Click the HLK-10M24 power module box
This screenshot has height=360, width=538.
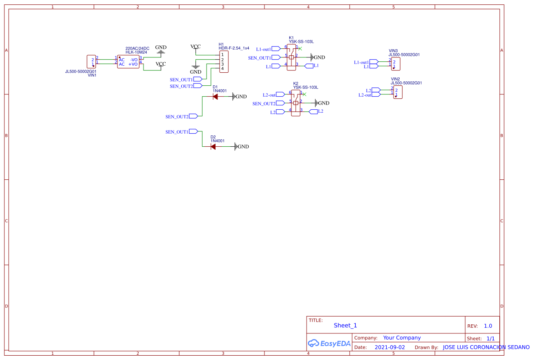coord(128,62)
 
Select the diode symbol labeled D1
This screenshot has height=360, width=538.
coord(215,97)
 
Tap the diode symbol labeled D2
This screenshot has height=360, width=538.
coord(213,147)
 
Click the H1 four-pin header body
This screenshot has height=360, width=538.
coord(224,61)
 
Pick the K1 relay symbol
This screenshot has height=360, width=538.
coord(291,57)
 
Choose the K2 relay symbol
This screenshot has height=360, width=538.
coord(296,103)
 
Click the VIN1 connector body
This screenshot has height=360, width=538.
coord(91,61)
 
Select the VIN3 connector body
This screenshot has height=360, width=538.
coord(396,64)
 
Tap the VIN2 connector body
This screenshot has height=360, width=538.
coord(398,92)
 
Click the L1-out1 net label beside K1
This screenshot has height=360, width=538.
coord(264,49)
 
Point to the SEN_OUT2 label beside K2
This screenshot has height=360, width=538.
coord(264,104)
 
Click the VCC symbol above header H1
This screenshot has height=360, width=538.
coord(196,47)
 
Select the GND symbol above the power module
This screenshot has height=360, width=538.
coord(161,47)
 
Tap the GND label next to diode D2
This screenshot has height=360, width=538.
coord(243,147)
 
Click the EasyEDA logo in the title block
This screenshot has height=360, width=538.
coord(329,343)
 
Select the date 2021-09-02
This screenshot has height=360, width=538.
coord(389,347)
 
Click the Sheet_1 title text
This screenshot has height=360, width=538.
coord(345,325)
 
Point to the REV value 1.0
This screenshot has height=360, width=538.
coord(488,326)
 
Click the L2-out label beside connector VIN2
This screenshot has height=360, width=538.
coord(365,95)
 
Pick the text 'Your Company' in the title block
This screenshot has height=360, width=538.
coord(402,338)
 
